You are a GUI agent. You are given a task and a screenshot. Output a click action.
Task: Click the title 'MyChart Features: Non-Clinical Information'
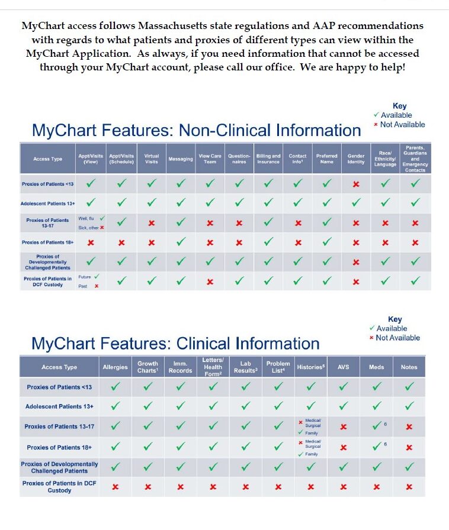(x=196, y=130)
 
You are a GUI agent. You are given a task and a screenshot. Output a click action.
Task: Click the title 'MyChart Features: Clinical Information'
(x=175, y=344)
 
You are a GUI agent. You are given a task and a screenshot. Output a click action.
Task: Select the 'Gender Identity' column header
(x=356, y=159)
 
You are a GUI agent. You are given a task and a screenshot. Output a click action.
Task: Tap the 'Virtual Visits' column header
(x=152, y=159)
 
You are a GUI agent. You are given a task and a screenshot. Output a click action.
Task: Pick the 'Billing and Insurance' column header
(x=268, y=159)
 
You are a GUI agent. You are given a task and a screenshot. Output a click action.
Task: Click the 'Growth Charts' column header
(x=147, y=367)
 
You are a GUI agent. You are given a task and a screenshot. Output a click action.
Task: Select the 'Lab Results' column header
(x=246, y=367)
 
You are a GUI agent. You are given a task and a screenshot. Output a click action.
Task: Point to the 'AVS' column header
(x=343, y=367)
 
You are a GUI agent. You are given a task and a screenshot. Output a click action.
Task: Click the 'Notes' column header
(x=409, y=367)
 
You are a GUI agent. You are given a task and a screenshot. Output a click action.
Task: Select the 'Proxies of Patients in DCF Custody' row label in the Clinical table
(x=59, y=487)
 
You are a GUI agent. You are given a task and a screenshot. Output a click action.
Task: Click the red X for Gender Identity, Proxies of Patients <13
(x=356, y=185)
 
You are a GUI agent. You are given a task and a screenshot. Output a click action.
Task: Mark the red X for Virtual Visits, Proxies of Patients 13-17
(x=152, y=223)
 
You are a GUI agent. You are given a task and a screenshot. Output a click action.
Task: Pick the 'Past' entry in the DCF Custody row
(x=84, y=286)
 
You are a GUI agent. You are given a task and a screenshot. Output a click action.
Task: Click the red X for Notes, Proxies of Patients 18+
(x=409, y=447)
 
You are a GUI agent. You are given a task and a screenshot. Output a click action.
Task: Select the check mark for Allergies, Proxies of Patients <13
(x=115, y=387)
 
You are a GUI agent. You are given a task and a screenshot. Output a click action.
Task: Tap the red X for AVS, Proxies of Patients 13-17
(x=343, y=426)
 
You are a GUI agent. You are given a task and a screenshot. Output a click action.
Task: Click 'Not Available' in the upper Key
(x=402, y=124)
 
